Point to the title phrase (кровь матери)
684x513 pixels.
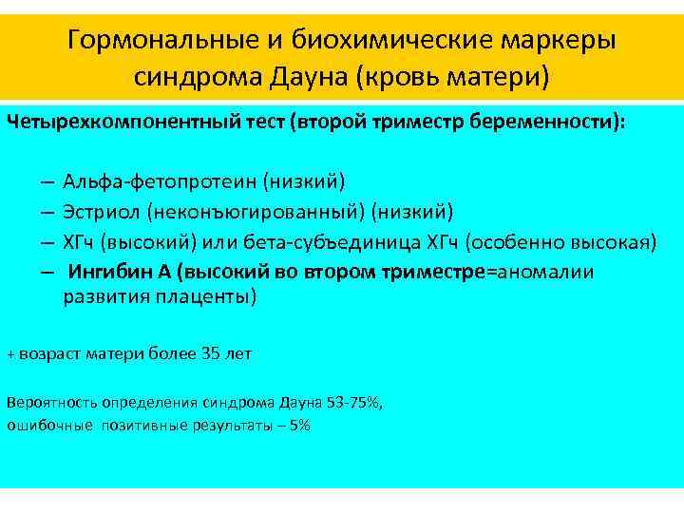(452, 76)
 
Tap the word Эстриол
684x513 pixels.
(96, 211)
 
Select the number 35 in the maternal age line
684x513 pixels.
(211, 354)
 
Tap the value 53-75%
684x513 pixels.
(351, 402)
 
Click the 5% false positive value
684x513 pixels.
(300, 425)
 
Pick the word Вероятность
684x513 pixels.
(47, 402)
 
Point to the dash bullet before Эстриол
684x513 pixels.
(46, 211)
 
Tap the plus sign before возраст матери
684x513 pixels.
(11, 355)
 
